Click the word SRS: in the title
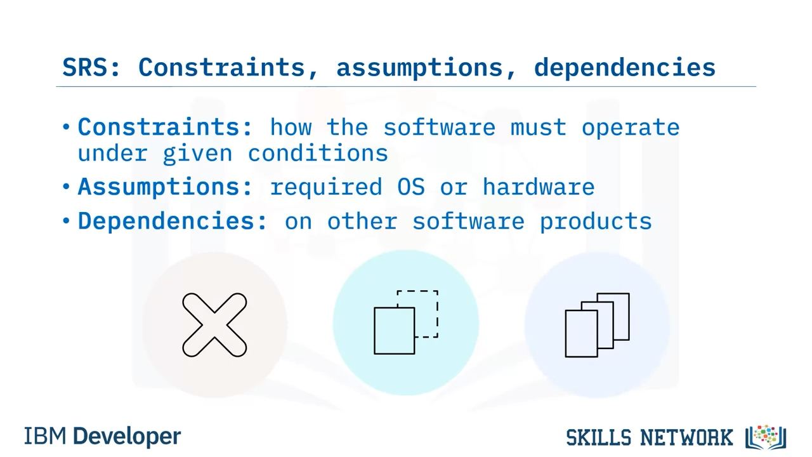point(91,67)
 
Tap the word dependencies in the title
point(625,68)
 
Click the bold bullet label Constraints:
point(165,127)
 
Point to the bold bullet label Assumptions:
point(165,187)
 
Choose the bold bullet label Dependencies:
point(173,222)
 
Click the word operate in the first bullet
point(631,128)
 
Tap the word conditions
point(318,153)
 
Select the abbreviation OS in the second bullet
point(411,187)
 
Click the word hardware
point(539,187)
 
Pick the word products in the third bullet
point(596,222)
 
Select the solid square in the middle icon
point(375,331)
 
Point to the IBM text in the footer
point(45,436)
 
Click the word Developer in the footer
point(127,437)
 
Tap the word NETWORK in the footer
point(686,437)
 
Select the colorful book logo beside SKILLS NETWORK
point(766,437)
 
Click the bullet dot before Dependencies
point(66,220)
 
